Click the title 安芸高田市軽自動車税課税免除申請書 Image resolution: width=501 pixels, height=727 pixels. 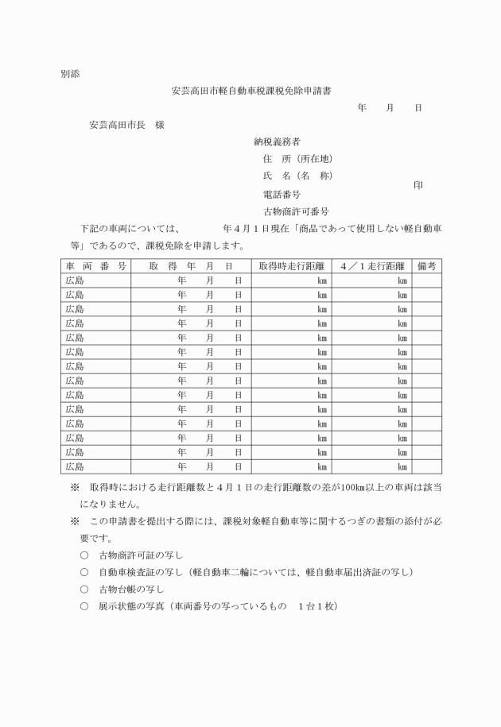[x=252, y=91]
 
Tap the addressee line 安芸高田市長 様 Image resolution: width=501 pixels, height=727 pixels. [x=127, y=125]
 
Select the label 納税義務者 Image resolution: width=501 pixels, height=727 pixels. [x=277, y=142]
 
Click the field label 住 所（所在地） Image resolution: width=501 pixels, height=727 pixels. [x=297, y=159]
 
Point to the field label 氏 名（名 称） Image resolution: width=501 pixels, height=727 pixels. [x=297, y=176]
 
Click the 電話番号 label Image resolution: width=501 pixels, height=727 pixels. [x=282, y=194]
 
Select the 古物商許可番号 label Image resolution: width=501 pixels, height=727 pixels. [x=296, y=211]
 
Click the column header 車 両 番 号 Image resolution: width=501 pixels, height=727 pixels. [x=95, y=266]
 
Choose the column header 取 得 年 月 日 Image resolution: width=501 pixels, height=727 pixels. [x=191, y=266]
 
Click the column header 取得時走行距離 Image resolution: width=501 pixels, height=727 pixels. [x=291, y=266]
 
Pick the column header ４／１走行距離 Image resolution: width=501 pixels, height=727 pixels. [x=371, y=266]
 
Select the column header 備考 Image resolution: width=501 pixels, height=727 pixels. [x=426, y=266]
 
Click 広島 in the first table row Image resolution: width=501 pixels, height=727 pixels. [x=75, y=280]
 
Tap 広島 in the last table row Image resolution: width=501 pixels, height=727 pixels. [x=75, y=466]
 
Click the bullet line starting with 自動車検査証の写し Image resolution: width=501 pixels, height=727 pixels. [x=255, y=572]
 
